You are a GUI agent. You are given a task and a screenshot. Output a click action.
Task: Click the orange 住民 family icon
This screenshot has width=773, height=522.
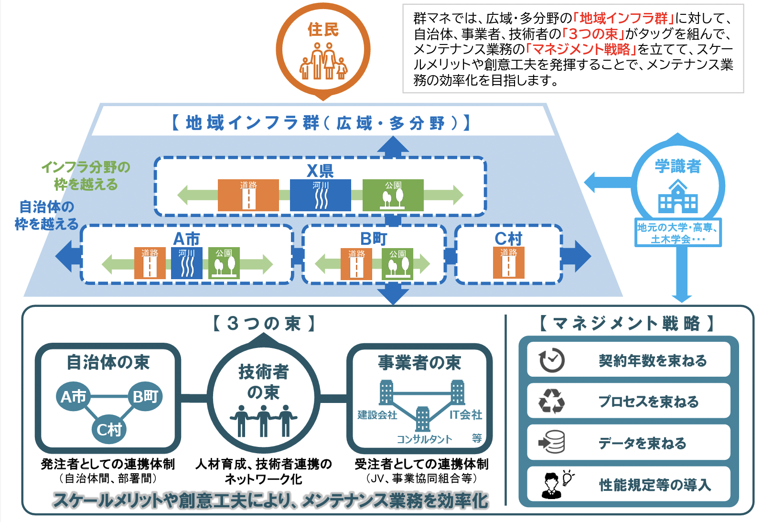pos(323,61)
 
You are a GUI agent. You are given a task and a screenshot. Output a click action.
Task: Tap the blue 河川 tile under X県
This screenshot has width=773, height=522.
pos(320,195)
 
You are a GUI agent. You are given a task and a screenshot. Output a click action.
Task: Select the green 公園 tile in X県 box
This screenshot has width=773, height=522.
pos(393,195)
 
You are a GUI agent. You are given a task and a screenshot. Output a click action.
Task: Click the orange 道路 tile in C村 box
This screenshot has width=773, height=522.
pos(508,262)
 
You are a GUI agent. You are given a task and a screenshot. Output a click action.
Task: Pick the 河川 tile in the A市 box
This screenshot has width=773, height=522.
pos(187,263)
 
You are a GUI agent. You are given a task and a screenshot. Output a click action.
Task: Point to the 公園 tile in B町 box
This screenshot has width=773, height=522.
pos(397,263)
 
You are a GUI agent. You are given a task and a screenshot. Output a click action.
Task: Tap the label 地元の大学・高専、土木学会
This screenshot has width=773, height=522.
pos(678,233)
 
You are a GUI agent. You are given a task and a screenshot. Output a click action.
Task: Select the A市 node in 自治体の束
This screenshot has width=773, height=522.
pos(73,396)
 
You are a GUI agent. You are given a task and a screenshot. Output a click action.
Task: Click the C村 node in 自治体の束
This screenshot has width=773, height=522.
pos(109,430)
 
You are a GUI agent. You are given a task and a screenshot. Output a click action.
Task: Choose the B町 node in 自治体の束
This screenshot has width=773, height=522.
pos(145,396)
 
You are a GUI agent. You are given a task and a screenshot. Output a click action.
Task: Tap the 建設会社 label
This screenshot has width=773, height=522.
pos(377,415)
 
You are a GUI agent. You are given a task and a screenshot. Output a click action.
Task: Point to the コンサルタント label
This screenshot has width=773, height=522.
pos(424,439)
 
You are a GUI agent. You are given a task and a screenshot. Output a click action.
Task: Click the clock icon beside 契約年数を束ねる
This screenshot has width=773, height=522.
pos(552,360)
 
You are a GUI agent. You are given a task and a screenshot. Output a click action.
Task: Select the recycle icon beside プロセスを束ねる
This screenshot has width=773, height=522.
pos(552,402)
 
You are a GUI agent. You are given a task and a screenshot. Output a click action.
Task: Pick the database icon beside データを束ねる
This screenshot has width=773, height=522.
pos(552,443)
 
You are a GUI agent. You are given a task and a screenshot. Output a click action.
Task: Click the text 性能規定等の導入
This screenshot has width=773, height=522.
pos(655,485)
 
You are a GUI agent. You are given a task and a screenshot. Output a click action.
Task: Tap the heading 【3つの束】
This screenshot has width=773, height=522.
pos(264,324)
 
